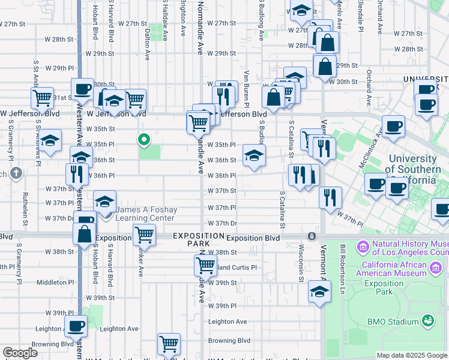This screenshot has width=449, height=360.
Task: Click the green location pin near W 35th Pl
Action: (144, 140)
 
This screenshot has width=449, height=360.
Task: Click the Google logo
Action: (20, 353)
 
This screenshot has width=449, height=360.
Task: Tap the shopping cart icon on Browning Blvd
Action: (169, 344)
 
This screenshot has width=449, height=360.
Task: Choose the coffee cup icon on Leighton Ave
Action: (76, 326)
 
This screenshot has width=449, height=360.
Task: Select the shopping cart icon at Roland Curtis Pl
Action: (205, 265)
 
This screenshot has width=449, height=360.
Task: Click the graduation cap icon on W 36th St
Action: (254, 155)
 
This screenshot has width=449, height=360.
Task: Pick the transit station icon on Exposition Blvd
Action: (311, 236)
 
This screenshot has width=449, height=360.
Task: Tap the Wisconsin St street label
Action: (300, 262)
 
